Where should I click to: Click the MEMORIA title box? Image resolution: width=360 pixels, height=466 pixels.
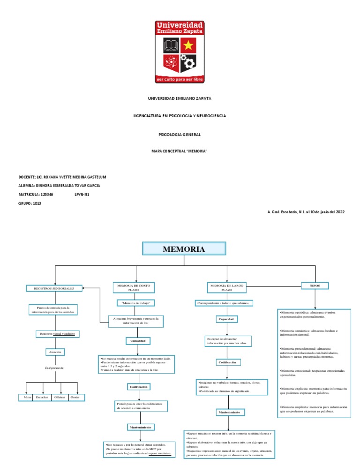pyautogui.click(x=184, y=249)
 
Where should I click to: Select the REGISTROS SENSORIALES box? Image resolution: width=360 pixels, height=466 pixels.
pyautogui.click(x=54, y=288)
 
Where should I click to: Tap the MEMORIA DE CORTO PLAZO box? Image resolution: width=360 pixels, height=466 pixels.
pyautogui.click(x=135, y=287)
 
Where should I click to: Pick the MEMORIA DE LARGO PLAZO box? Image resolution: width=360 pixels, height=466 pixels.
pyautogui.click(x=226, y=287)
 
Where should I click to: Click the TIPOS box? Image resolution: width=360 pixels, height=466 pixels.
pyautogui.click(x=315, y=285)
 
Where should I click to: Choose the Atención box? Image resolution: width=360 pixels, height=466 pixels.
pyautogui.click(x=55, y=352)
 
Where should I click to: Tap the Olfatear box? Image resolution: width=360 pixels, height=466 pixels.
pyautogui.click(x=60, y=397)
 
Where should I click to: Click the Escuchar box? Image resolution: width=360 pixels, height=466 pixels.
pyautogui.click(x=42, y=397)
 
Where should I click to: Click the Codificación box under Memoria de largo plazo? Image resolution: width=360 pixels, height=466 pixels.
pyautogui.click(x=228, y=362)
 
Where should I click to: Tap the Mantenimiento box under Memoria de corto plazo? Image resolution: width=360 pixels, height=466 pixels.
pyautogui.click(x=140, y=427)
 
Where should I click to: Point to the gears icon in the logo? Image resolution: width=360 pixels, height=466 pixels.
pyautogui.click(x=188, y=62)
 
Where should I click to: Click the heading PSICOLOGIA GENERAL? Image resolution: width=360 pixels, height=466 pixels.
pyautogui.click(x=180, y=135)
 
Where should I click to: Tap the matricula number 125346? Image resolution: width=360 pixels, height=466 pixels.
pyautogui.click(x=47, y=194)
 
